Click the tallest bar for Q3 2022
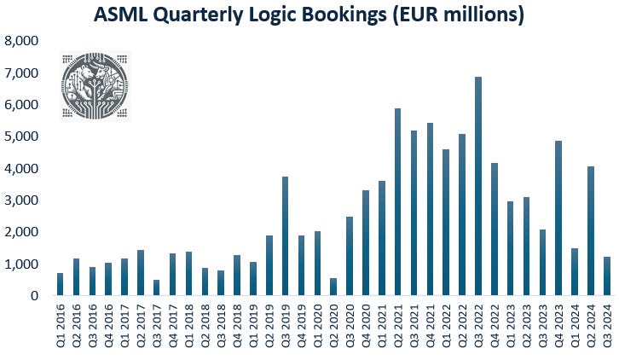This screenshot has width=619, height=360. pyautogui.click(x=477, y=187)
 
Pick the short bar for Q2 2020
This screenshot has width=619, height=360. pyautogui.click(x=333, y=287)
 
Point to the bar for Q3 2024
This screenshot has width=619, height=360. pyautogui.click(x=606, y=276)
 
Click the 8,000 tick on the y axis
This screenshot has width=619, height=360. pyautogui.click(x=22, y=41)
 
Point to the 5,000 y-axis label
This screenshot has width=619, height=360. pyautogui.click(x=22, y=136)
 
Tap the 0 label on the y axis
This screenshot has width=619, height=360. pyautogui.click(x=35, y=296)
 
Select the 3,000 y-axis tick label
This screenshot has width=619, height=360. pyautogui.click(x=22, y=200)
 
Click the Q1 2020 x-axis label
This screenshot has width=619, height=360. pyautogui.click(x=317, y=329)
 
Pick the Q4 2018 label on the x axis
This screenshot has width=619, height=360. pyautogui.click(x=237, y=329)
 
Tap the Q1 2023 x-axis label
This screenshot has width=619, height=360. pyautogui.click(x=510, y=329)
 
